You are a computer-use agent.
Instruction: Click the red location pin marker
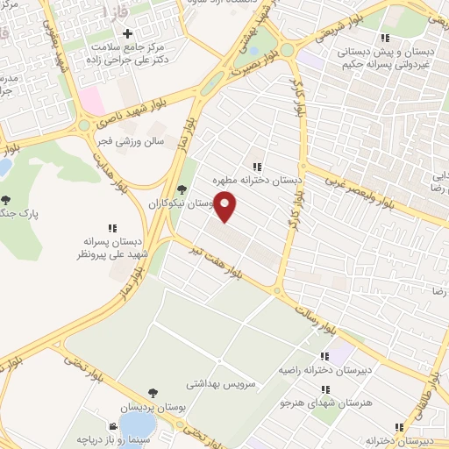225,205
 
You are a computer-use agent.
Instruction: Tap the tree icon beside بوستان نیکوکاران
182,189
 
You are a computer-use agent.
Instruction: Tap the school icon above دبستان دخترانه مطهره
256,166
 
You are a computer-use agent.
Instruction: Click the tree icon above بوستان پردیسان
153,394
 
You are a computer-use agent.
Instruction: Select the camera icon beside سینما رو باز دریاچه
113,427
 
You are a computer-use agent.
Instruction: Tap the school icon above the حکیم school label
384,38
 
